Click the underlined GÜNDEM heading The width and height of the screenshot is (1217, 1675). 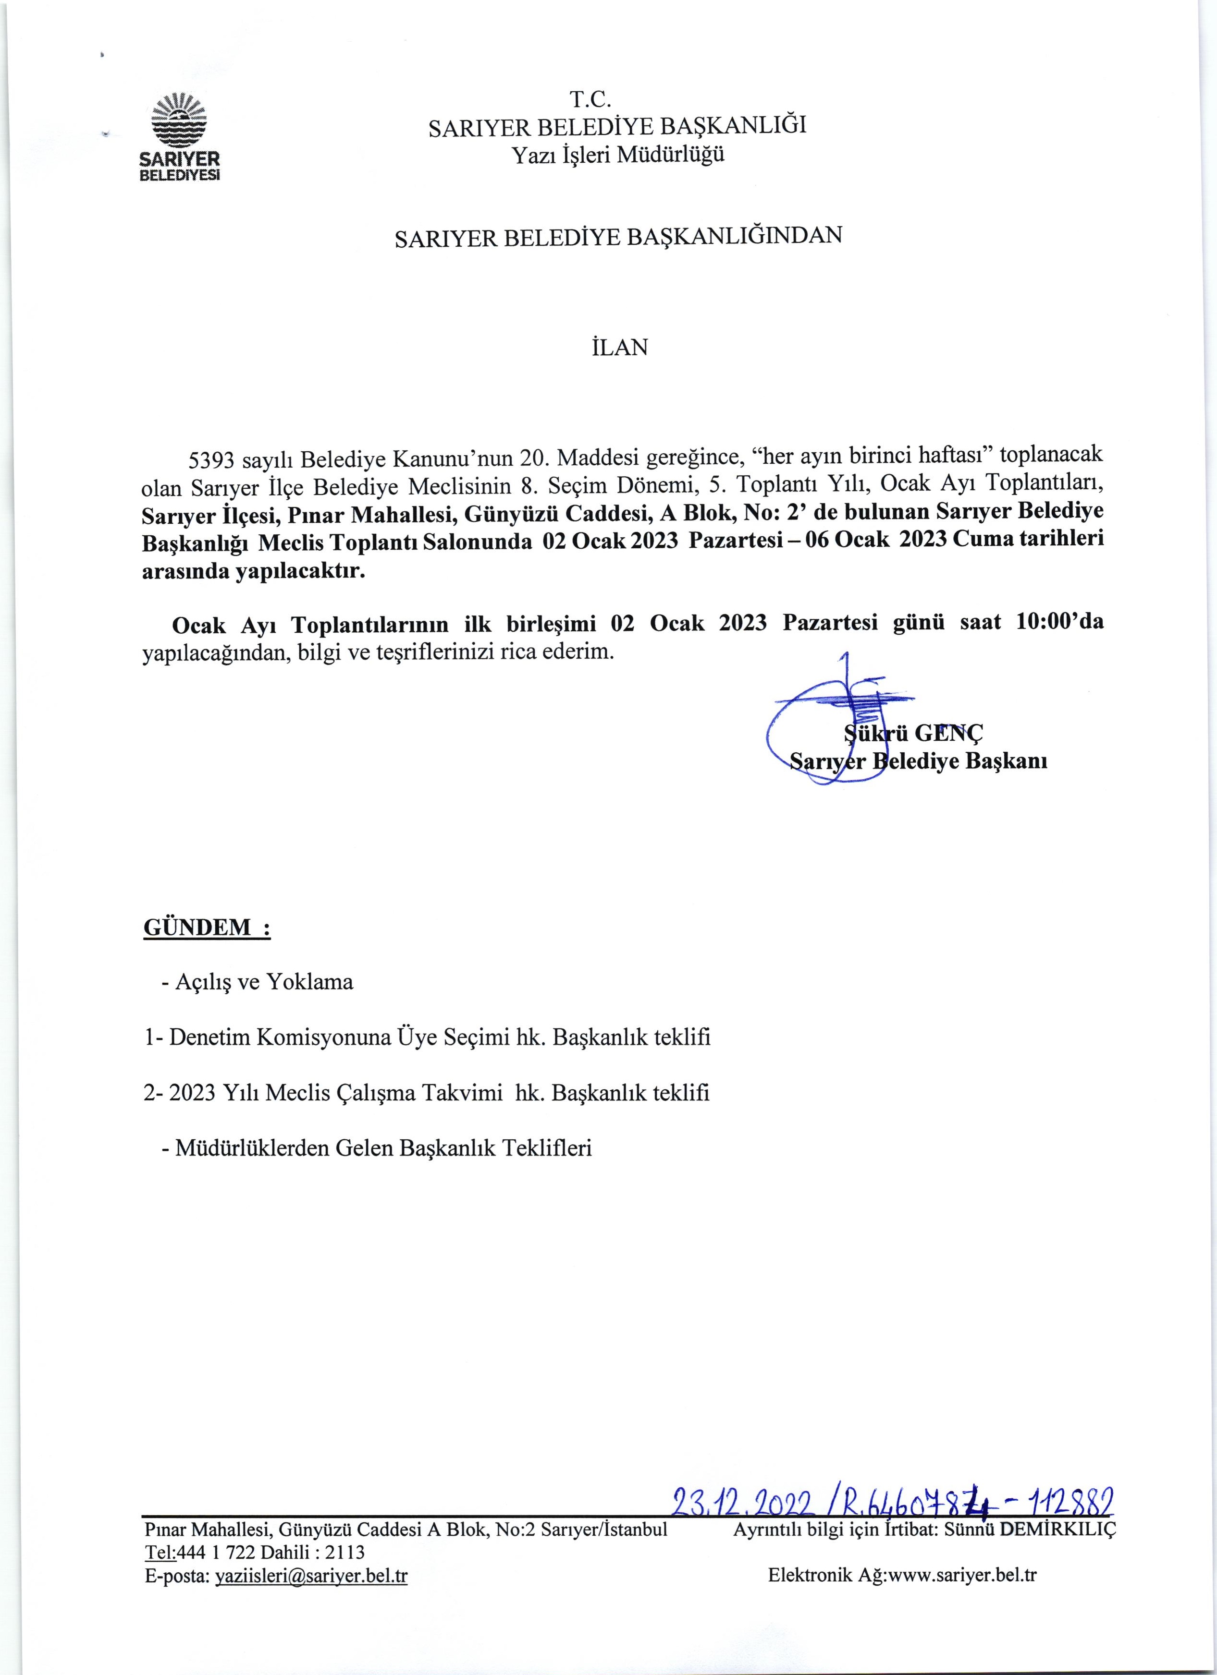207,928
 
